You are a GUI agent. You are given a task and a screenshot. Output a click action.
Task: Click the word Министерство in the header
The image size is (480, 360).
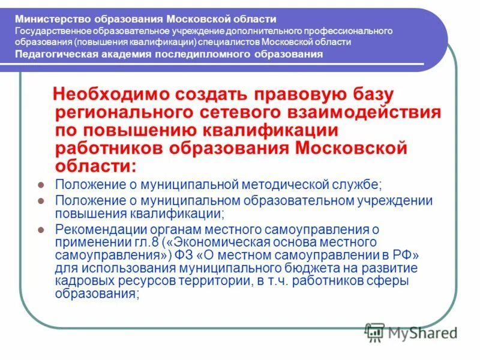41,19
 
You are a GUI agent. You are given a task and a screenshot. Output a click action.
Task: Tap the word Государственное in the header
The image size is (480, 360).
50,31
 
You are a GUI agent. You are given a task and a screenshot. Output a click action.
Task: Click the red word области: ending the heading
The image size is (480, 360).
95,165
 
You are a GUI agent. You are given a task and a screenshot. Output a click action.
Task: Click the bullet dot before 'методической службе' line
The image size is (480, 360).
41,185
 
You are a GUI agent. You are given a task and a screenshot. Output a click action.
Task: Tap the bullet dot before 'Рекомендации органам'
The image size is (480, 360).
41,229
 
